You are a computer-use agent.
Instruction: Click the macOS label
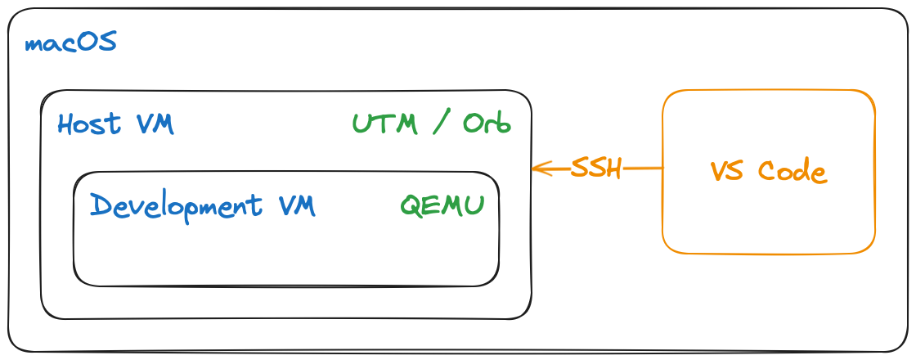tap(71, 43)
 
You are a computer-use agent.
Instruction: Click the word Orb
tap(487, 124)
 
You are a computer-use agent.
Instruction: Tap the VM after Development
tap(296, 205)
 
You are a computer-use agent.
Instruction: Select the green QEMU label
tap(442, 205)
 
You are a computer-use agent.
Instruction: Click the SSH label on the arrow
tap(596, 169)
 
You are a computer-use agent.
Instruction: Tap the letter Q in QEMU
tap(410, 205)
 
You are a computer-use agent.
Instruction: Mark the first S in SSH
tap(580, 169)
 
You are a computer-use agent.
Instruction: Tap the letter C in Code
tap(767, 172)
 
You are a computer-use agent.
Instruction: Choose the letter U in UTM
tap(361, 124)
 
